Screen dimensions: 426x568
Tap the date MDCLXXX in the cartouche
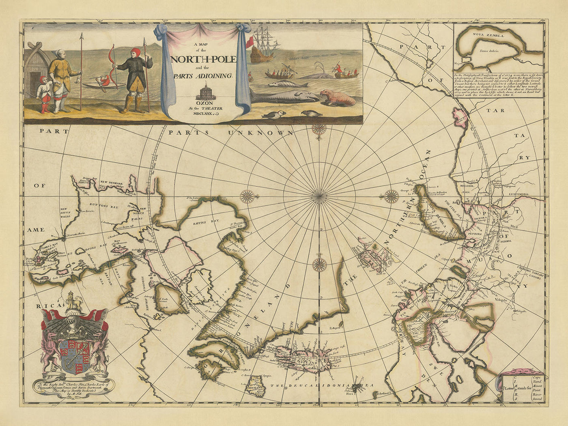[x=206, y=114]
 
